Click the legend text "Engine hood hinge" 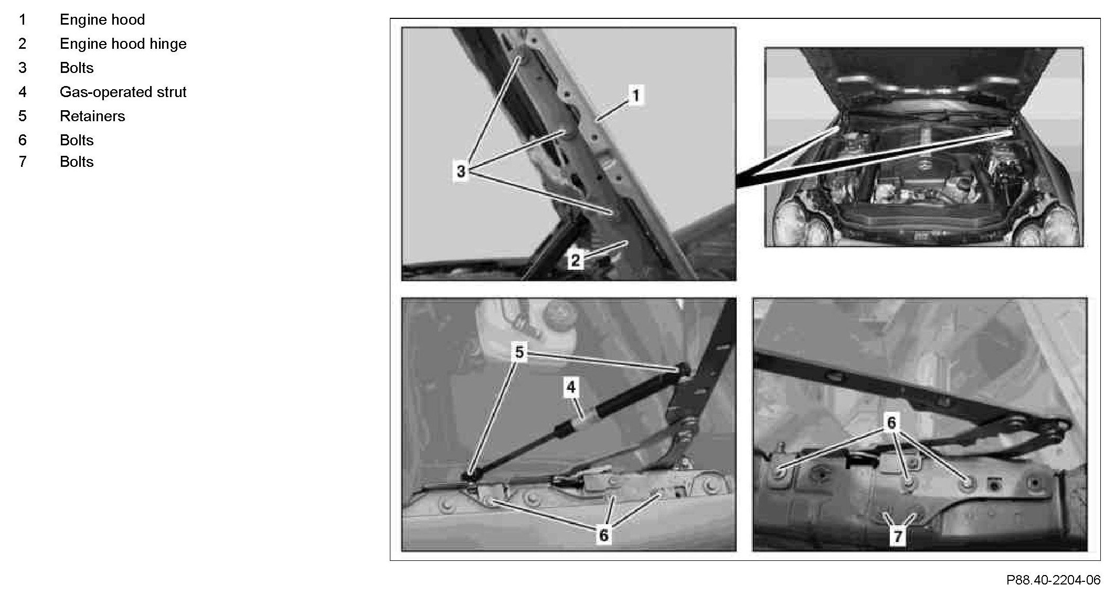123,44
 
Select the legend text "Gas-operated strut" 123,92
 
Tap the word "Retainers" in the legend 92,116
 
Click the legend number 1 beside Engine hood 22,19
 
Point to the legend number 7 22,162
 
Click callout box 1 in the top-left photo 636,95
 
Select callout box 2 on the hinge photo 576,260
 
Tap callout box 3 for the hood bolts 461,171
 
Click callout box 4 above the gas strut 571,387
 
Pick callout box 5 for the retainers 519,352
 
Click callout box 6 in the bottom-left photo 603,535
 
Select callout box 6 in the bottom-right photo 891,422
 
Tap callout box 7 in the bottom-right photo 898,536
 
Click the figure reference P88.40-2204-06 1053,580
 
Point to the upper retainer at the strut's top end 684,369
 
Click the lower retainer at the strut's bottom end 468,477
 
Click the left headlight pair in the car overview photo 798,223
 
